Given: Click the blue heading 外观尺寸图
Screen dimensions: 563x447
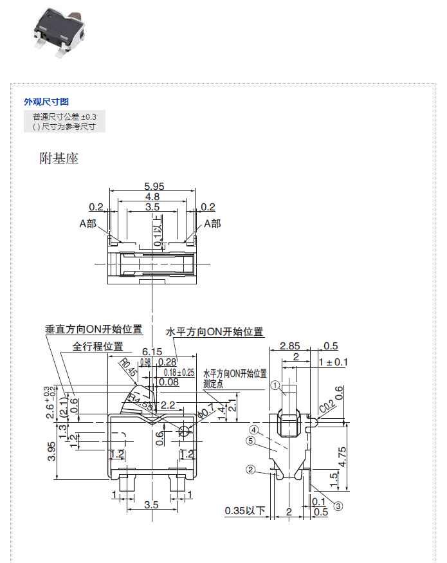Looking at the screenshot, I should [x=46, y=102].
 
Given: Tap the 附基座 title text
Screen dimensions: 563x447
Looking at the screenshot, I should [x=59, y=158].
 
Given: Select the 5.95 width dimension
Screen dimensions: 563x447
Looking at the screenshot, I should [x=152, y=186].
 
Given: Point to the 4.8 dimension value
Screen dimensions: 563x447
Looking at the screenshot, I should [x=152, y=196].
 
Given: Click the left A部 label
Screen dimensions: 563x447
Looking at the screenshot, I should [x=87, y=223].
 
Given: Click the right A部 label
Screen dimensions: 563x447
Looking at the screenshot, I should [x=212, y=223].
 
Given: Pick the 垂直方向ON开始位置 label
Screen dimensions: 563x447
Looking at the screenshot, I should [x=94, y=329].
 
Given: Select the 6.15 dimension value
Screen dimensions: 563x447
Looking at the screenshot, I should [x=152, y=351].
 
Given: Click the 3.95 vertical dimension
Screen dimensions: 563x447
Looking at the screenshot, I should [x=51, y=450].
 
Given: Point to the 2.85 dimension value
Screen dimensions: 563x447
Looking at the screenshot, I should [x=290, y=346].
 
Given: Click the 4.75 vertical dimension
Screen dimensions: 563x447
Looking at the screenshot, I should [x=342, y=456].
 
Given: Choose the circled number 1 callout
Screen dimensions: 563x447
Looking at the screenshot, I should [x=275, y=385].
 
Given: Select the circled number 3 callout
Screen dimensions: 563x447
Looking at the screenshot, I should [x=338, y=506].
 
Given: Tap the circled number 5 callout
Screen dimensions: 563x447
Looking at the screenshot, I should [x=251, y=441].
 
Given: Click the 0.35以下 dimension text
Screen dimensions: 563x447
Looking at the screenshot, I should [x=245, y=512].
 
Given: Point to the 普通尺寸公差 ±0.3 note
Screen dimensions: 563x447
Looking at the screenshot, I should [x=64, y=116].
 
